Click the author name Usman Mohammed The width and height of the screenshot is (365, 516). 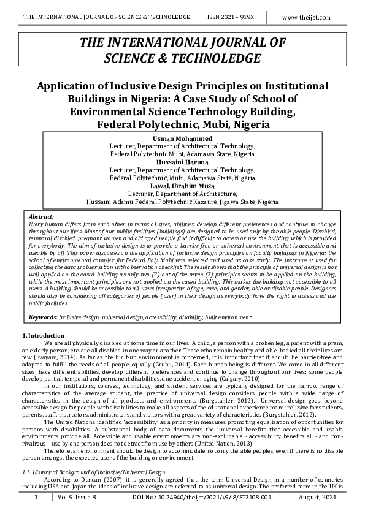coord(183,138)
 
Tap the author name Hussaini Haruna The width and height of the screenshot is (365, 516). coord(183,162)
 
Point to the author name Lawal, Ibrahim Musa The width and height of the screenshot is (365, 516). coord(183,185)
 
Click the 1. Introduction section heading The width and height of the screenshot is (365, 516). coord(43,336)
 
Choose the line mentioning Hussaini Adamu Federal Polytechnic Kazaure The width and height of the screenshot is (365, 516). coord(183,201)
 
